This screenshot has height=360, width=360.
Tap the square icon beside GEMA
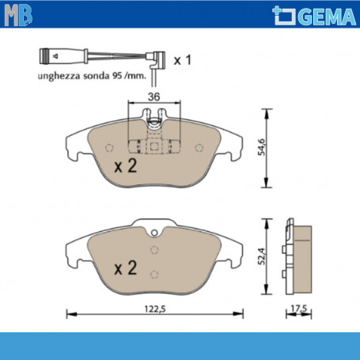(x=283, y=15)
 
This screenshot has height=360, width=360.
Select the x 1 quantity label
(x=183, y=59)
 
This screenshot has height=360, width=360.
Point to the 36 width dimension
(x=154, y=97)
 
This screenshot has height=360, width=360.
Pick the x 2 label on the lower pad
(x=124, y=269)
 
